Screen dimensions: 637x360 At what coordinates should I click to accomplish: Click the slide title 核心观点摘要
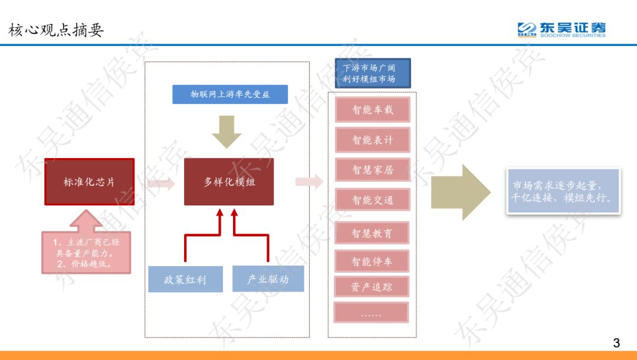56,30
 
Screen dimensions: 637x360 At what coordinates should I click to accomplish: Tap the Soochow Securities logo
561,30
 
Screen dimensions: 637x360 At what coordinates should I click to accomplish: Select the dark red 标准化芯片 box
90,182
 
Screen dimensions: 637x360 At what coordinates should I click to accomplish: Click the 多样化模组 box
229,182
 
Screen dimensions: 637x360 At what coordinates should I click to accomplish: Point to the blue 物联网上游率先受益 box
230,94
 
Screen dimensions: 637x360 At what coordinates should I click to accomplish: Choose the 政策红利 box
185,279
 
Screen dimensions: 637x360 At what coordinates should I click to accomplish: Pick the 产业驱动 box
268,279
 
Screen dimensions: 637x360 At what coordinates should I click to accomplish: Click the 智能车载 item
372,110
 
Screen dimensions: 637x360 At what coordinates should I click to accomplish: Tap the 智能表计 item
372,140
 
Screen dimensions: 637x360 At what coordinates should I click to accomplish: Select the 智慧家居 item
372,170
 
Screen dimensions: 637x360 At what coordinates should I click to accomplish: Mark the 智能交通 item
372,200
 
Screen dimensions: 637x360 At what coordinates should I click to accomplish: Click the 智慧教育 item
372,233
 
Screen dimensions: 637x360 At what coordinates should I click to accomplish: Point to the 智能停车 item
372,261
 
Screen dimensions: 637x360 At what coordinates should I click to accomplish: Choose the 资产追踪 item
372,287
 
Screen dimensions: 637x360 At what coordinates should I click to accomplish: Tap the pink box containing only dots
371,313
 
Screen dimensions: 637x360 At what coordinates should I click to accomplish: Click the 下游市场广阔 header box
373,73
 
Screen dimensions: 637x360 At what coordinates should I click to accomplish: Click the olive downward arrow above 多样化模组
226,131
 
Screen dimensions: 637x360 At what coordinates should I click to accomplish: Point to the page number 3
617,343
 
